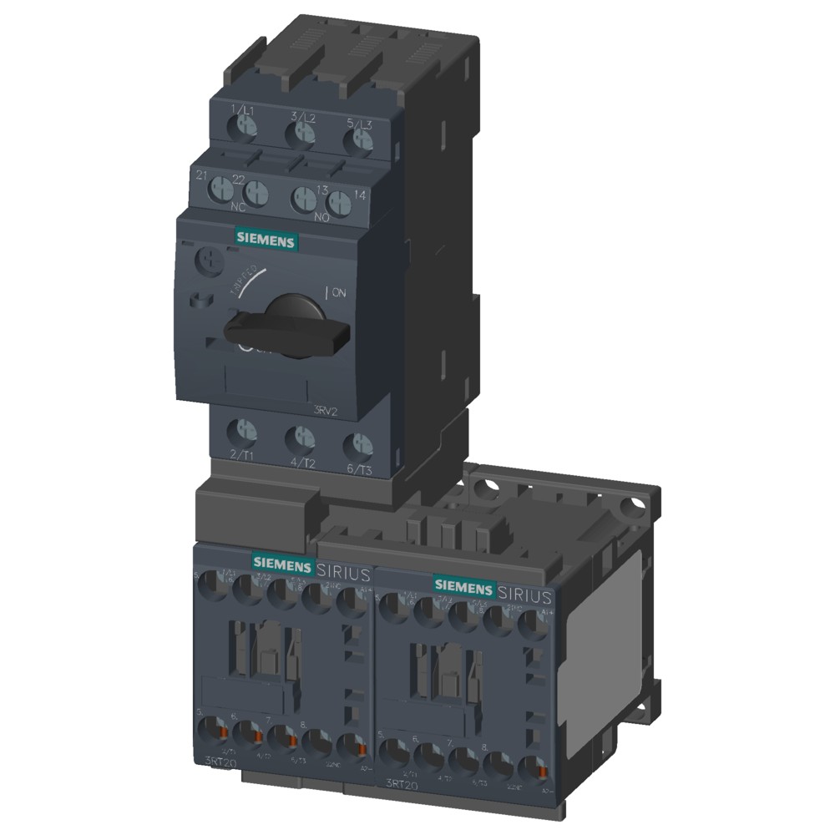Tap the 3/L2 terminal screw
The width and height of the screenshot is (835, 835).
coord(305,133)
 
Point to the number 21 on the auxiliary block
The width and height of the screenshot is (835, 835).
coord(201,175)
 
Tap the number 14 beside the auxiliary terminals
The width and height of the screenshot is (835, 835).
coord(361,195)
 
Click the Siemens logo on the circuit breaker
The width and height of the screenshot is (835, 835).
coord(266,240)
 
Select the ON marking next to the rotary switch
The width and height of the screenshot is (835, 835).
coord(337,292)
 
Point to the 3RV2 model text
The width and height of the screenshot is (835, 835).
coord(326,409)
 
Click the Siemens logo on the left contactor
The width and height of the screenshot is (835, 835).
coord(283,563)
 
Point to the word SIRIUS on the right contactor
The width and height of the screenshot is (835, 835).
coord(524,595)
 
